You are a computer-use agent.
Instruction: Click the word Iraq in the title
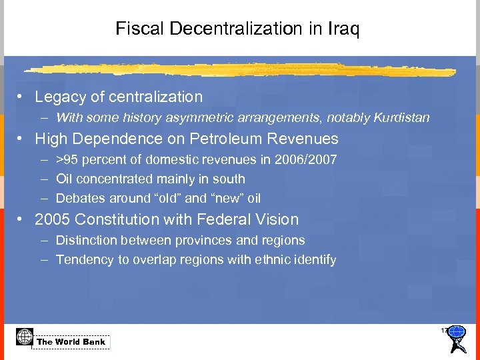click(x=344, y=29)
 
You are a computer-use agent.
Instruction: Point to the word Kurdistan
click(x=403, y=118)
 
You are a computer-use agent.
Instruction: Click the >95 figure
click(x=67, y=160)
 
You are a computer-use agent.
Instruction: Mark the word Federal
click(x=226, y=220)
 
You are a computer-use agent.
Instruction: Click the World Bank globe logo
click(x=25, y=337)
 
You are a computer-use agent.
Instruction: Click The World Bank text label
click(x=71, y=342)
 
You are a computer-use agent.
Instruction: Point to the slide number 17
click(x=444, y=331)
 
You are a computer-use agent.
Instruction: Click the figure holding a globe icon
click(x=457, y=338)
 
